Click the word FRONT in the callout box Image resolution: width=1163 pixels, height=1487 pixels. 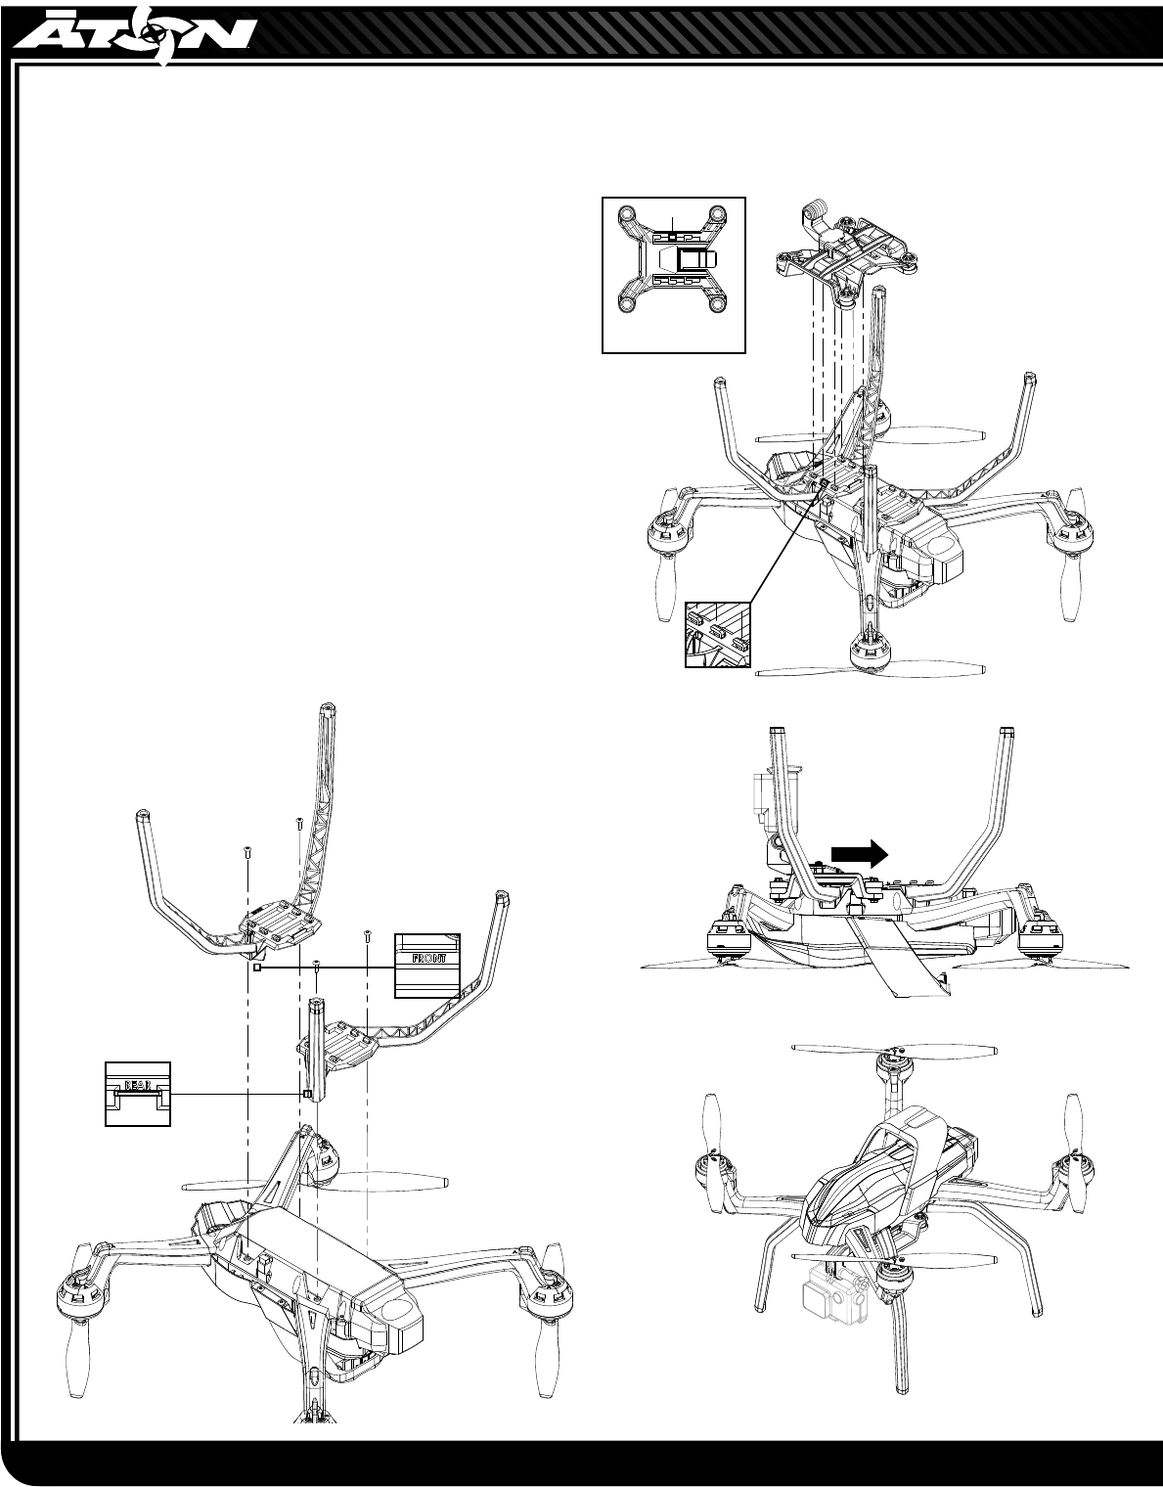coord(426,959)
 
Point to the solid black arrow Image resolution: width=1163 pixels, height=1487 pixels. coord(859,853)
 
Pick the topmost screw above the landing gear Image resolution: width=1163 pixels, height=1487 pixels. coord(296,824)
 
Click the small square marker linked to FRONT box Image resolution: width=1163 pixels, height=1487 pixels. coord(256,967)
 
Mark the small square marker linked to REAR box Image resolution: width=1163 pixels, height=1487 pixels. coord(307,1094)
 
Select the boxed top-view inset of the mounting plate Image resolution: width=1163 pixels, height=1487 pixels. coord(673,274)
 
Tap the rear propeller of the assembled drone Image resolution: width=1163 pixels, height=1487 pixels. coord(894,1050)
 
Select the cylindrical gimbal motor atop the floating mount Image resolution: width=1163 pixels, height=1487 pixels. coord(816,209)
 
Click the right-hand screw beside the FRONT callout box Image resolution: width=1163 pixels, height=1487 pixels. coord(367,933)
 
